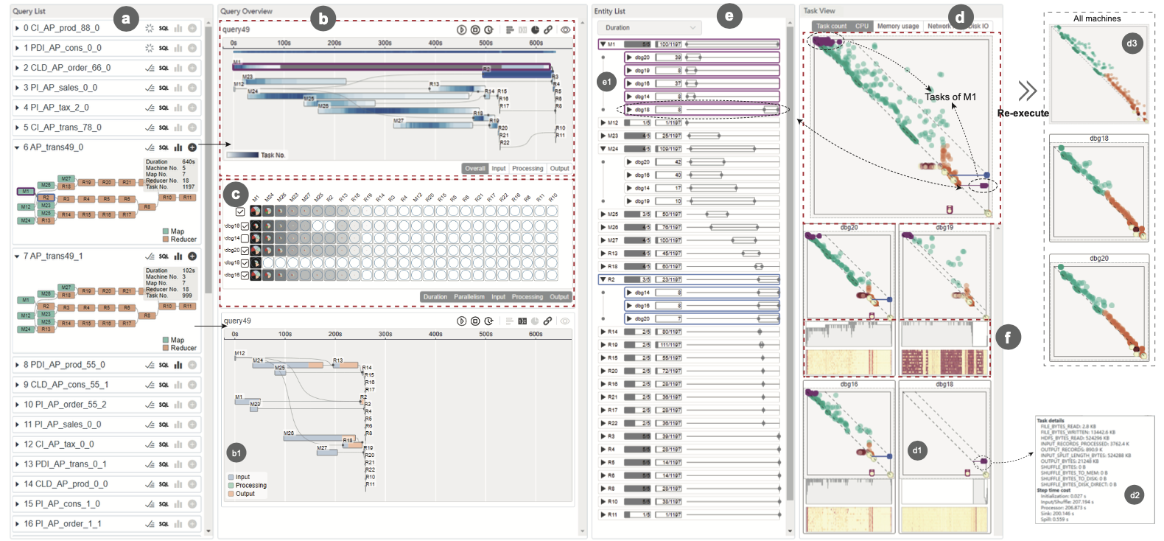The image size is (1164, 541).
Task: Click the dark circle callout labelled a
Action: pos(126,18)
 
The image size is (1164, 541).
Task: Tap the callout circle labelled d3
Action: pos(1132,43)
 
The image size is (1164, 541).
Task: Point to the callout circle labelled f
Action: pos(1007,338)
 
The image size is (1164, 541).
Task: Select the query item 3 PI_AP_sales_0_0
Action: pos(60,88)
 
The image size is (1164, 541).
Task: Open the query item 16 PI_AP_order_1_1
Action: pos(63,524)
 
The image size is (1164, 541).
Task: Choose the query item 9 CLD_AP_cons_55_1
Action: pos(66,385)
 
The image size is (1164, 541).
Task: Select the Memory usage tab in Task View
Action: pos(897,27)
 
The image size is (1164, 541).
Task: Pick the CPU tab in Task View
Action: pos(862,27)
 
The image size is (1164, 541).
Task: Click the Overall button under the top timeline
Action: pos(475,169)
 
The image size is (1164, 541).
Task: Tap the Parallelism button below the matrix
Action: pos(469,297)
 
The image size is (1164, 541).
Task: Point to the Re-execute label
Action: pos(1023,114)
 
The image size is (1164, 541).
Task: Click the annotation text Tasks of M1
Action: pos(950,97)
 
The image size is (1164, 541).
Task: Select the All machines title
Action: pos(1097,18)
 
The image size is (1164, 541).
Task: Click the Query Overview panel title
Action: pos(246,11)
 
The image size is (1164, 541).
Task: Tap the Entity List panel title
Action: pos(609,11)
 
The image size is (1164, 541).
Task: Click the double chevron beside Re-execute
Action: pos(1027,91)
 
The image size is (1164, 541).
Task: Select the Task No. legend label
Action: pos(273,156)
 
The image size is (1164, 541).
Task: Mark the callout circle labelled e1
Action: pos(606,82)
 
